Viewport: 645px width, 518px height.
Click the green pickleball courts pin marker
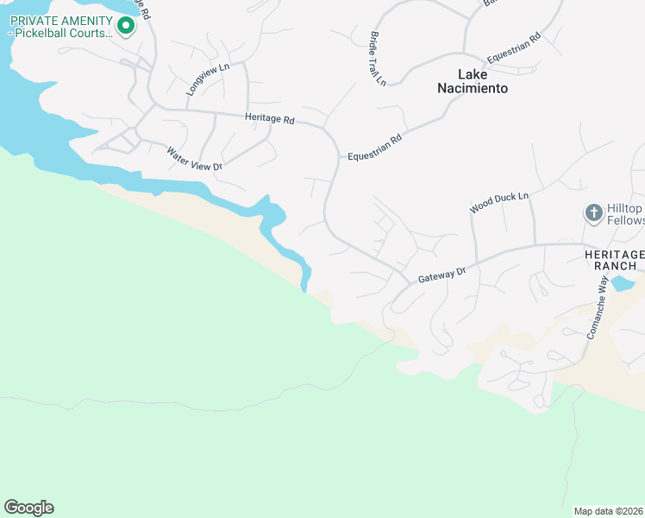125,27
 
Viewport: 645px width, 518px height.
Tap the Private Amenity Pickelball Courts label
60,26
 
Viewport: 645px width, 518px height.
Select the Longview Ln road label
208,79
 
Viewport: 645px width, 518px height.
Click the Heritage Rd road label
270,119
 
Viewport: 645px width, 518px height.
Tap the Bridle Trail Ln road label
378,60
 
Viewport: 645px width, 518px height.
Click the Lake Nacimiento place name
471,80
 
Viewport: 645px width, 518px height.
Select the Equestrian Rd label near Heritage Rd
375,148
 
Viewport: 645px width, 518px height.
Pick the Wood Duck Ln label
498,204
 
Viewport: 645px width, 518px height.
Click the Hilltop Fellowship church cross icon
593,212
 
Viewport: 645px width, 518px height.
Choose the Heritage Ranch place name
613,260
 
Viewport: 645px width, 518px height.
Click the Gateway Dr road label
441,275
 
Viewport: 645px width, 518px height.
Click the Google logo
28,508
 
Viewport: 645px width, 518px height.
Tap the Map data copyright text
608,510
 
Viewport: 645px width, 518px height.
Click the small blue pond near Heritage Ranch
623,283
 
